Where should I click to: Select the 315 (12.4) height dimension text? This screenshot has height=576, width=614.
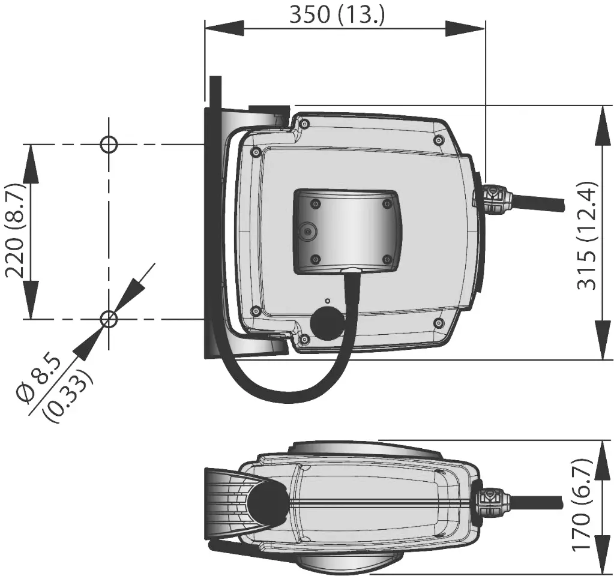click(588, 235)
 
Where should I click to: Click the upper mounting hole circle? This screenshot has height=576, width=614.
click(109, 144)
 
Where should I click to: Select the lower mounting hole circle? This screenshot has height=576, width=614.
click(109, 319)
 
